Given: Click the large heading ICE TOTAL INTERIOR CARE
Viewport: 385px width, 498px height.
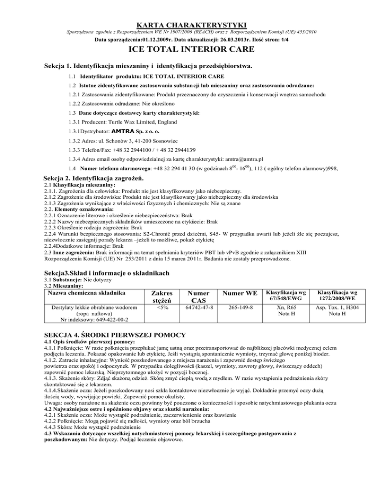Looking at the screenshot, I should coord(192,49).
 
